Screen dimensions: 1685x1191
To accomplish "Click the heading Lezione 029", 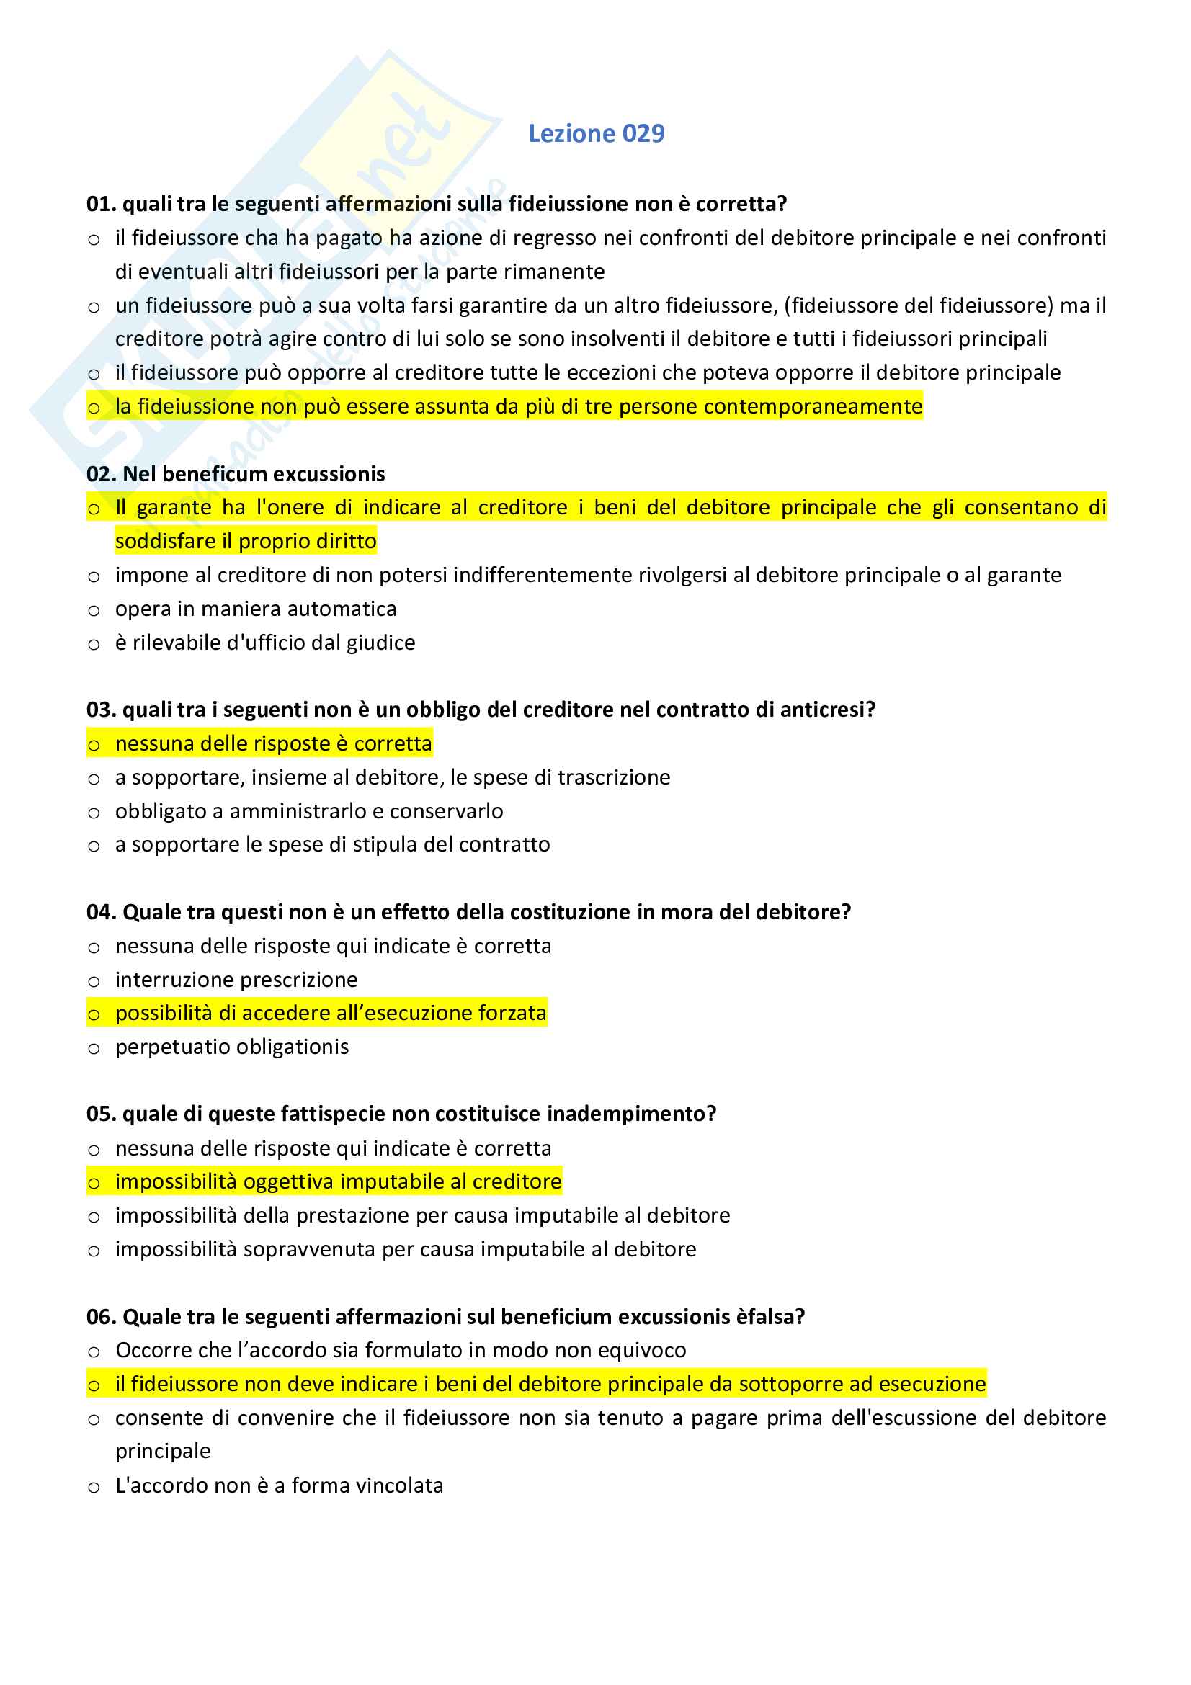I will (x=596, y=133).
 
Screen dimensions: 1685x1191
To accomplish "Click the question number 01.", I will (x=100, y=204).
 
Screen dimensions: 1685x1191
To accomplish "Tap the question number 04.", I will (x=100, y=912).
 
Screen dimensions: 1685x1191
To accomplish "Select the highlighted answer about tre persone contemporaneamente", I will (x=518, y=406).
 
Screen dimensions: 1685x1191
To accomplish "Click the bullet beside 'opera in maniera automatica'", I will (x=94, y=611).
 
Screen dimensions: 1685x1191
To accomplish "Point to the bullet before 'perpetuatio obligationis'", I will (x=94, y=1049).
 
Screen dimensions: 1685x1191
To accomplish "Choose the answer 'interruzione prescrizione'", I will (x=236, y=980).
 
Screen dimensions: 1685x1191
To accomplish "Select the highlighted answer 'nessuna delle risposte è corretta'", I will (x=273, y=743).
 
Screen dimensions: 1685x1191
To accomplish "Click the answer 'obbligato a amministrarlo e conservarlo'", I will (x=309, y=811).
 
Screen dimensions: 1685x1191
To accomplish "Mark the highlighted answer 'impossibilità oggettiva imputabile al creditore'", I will (x=338, y=1181).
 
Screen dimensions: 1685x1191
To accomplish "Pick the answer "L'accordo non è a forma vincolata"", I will (x=279, y=1485).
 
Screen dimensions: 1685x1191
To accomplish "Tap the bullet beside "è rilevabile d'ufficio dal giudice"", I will (x=94, y=644).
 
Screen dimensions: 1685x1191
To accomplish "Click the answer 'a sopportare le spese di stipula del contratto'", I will (x=332, y=845).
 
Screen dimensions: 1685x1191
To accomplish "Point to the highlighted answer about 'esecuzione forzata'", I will (x=330, y=1014).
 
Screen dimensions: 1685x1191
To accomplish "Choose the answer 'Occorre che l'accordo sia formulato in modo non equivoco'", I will (x=401, y=1350).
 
